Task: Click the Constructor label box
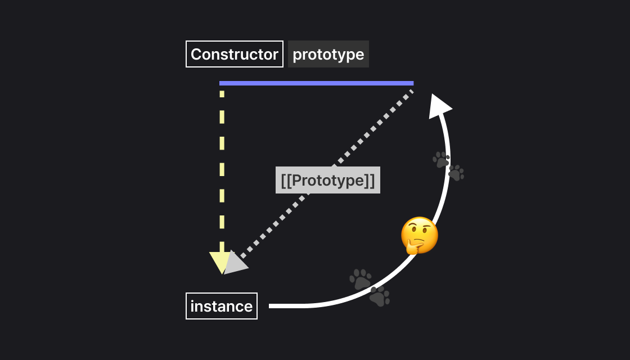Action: [235, 55]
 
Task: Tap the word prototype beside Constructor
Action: [328, 55]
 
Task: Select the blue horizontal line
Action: [316, 83]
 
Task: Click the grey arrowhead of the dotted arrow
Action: [235, 263]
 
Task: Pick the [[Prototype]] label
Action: [328, 181]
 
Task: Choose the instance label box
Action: [222, 306]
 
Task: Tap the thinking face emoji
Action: [420, 235]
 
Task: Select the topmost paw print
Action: [442, 159]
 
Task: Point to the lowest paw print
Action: [380, 296]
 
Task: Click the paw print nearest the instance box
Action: [361, 279]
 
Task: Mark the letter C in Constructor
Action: [196, 55]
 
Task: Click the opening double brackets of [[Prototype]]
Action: [286, 181]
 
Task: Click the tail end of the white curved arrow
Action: [272, 306]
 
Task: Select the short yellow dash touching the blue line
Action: [222, 93]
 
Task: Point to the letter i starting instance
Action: [192, 306]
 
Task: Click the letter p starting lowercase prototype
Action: [297, 56]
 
